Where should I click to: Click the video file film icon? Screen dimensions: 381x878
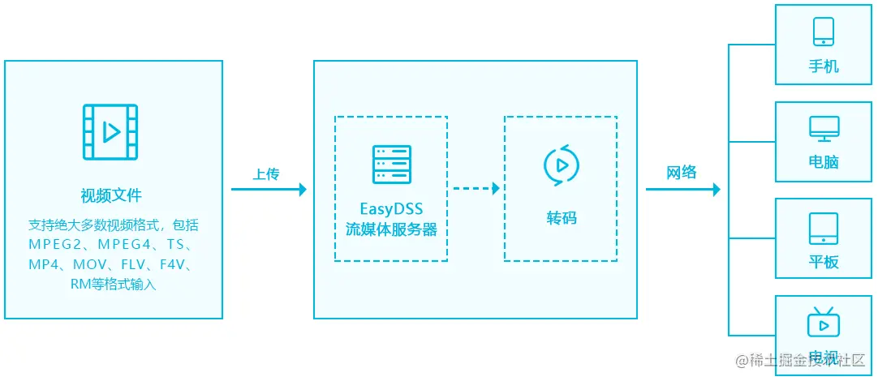[x=110, y=132]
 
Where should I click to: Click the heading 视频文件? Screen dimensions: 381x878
[x=111, y=195]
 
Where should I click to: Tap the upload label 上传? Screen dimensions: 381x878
[x=266, y=174]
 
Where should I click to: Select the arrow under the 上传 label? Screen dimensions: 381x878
[x=269, y=190]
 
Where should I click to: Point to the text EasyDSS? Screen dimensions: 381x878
[x=391, y=210]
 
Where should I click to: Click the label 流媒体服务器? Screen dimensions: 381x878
[x=391, y=229]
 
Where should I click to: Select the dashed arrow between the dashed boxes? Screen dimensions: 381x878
[x=476, y=189]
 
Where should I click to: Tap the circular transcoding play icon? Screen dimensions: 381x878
[x=561, y=164]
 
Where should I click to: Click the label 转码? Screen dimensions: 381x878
[x=561, y=218]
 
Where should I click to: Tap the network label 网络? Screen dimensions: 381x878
[x=682, y=173]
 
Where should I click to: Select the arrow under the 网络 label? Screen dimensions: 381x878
[x=682, y=190]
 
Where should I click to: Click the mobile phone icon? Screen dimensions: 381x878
[x=824, y=32]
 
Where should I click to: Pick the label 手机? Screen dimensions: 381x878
[x=824, y=66]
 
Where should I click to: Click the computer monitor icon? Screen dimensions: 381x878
[x=824, y=128]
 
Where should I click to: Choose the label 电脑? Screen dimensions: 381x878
[x=824, y=162]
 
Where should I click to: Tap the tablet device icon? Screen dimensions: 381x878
[x=824, y=229]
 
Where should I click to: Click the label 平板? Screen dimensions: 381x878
[x=824, y=262]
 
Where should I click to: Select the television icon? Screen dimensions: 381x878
[x=824, y=322]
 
